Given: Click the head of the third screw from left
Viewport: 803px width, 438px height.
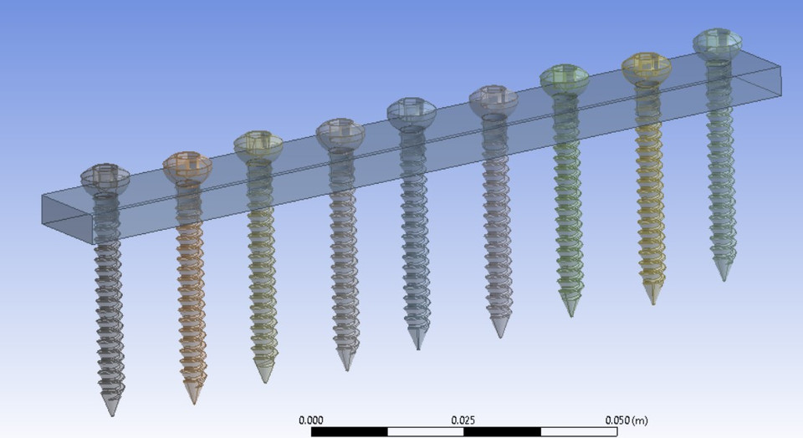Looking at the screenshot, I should pyautogui.click(x=258, y=144).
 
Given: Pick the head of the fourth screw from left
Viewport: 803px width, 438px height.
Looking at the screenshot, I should pyautogui.click(x=340, y=131).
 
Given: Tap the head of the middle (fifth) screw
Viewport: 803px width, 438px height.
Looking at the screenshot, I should pyautogui.click(x=411, y=111).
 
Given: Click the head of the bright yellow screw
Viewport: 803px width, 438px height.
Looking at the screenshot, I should pyautogui.click(x=646, y=67).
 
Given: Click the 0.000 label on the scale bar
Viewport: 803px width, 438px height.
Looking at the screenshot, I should pyautogui.click(x=310, y=420).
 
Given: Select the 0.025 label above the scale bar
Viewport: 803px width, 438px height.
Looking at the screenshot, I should pyautogui.click(x=463, y=420).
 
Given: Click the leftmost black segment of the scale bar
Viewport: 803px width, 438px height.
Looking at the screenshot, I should pyautogui.click(x=349, y=432).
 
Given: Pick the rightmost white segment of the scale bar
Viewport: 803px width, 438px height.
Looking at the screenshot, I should pyautogui.click(x=579, y=432).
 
